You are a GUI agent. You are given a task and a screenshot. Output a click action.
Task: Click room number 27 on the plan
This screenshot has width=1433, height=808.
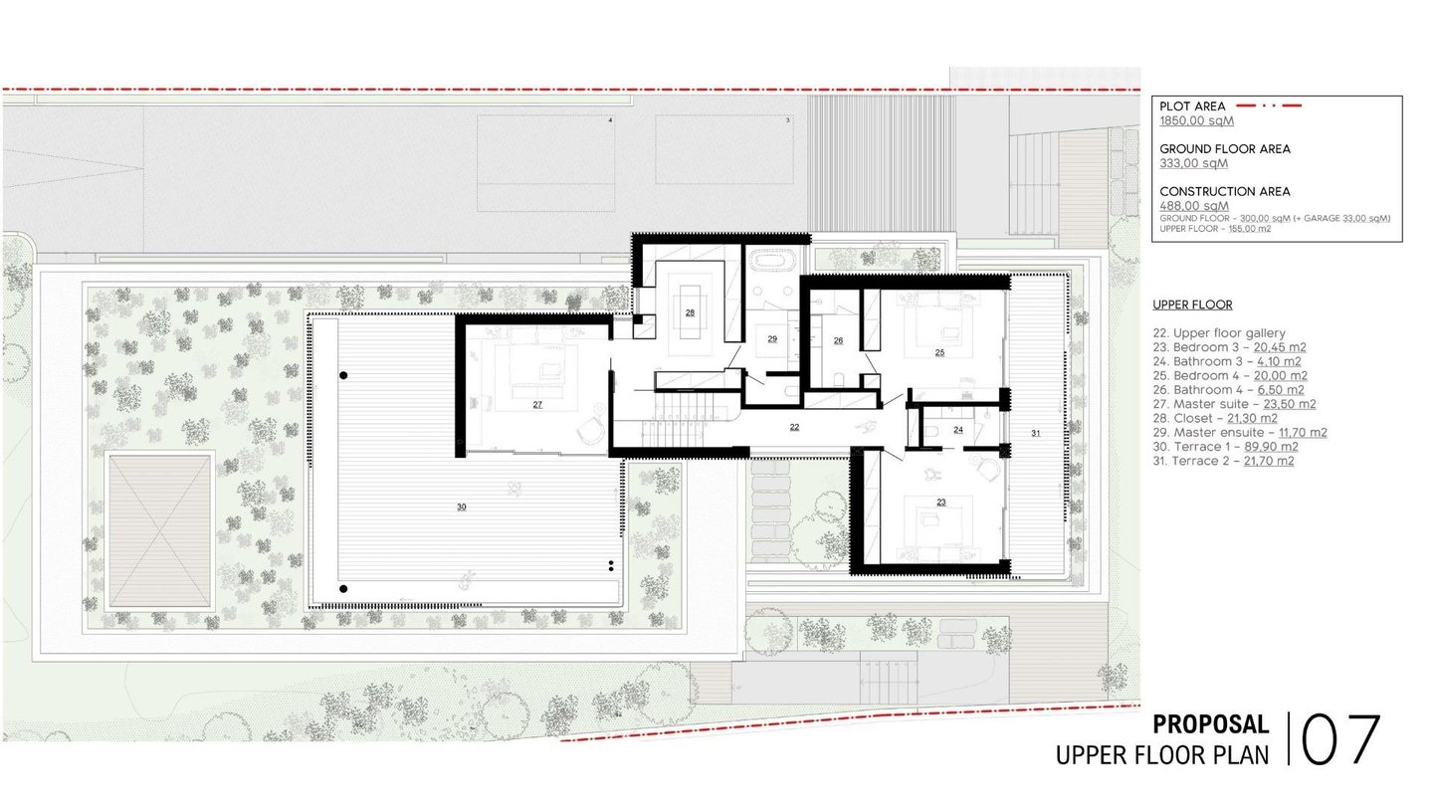point(537,404)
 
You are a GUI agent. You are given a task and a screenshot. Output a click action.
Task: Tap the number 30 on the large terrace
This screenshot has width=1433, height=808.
point(462,506)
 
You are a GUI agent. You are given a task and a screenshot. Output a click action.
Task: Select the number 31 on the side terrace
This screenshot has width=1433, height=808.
point(1036,433)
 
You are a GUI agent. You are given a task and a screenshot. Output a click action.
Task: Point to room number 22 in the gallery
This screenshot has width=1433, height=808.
point(794,427)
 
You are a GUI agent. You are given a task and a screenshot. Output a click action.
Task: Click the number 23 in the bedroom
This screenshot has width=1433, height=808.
point(941,503)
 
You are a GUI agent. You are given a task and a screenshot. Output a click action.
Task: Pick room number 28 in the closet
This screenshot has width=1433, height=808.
point(690,312)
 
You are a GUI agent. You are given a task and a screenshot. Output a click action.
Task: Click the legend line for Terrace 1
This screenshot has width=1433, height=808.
point(1226,447)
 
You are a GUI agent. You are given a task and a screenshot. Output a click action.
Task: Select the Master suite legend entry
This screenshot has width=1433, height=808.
point(1235,404)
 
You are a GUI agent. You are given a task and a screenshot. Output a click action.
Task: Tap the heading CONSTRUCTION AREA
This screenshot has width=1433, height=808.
point(1225,191)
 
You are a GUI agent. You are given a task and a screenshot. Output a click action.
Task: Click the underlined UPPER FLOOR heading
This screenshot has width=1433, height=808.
point(1192,305)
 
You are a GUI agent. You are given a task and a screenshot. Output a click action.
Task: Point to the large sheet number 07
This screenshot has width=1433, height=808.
point(1340,740)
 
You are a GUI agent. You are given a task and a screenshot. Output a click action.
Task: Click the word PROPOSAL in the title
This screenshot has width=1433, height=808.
point(1211,724)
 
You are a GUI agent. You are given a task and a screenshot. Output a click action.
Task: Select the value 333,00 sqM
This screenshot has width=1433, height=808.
point(1194,163)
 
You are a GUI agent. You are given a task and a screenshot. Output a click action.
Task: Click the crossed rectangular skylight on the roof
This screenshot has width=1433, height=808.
point(160,530)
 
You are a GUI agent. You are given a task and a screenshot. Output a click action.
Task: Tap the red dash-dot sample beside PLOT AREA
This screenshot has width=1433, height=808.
point(1269,105)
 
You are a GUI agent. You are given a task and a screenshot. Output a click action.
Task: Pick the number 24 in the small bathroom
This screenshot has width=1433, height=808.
point(958,430)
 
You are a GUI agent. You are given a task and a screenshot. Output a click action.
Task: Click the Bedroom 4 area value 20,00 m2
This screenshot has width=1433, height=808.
point(1280,375)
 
